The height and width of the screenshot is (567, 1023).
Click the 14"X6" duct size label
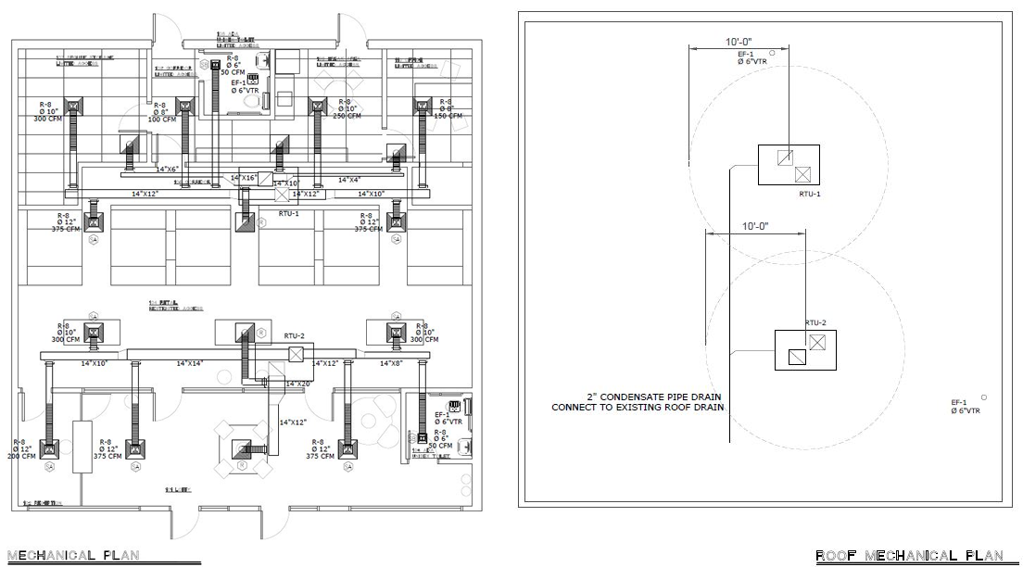tap(167, 170)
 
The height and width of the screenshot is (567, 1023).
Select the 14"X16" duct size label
tap(243, 177)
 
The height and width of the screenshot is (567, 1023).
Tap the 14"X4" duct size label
tap(349, 179)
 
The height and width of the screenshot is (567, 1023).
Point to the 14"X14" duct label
tap(190, 364)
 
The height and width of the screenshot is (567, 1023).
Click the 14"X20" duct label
tap(297, 384)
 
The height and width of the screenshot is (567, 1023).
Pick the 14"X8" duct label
tap(391, 364)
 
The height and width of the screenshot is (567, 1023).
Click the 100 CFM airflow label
tap(162, 120)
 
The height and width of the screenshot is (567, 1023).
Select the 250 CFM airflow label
tap(347, 116)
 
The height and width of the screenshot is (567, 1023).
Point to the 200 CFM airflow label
tap(21, 456)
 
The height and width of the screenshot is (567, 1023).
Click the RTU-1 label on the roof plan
tap(810, 195)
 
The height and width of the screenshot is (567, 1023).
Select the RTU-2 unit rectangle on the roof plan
tap(804, 350)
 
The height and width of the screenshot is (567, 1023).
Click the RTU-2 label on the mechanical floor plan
tap(295, 336)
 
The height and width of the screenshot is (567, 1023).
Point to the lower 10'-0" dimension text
tap(755, 226)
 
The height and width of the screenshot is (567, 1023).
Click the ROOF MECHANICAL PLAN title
tap(909, 556)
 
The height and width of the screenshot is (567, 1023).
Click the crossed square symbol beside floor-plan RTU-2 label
tap(297, 354)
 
